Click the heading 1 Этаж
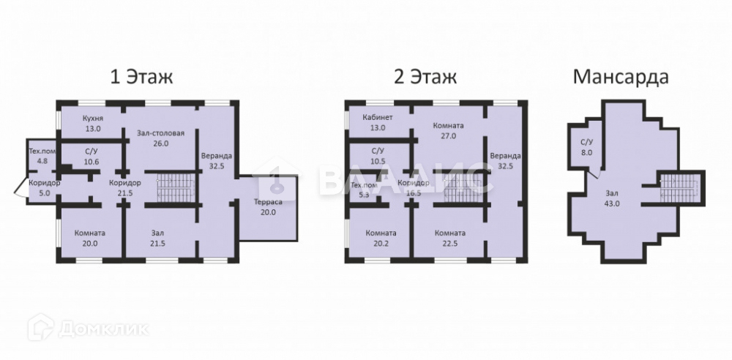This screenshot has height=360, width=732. (141, 77)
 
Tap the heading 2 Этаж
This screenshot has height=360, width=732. (425, 77)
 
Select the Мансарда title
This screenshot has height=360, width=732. (621, 77)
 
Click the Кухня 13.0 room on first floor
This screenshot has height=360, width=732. (92, 123)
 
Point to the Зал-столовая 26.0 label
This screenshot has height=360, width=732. (160, 138)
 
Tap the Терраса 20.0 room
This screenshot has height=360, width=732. (268, 207)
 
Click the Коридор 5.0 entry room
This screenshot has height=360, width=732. (45, 188)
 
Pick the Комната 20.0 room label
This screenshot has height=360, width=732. (90, 238)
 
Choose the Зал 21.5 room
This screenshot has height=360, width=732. (158, 238)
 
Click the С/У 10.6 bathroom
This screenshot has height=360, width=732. (91, 157)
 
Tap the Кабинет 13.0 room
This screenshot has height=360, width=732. (378, 122)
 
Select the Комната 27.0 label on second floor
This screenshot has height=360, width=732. (448, 131)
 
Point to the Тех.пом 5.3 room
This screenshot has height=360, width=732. (364, 190)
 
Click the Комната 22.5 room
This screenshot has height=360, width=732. (450, 238)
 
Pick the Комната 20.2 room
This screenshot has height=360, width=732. (381, 238)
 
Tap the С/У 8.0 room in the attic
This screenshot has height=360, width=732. (586, 146)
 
